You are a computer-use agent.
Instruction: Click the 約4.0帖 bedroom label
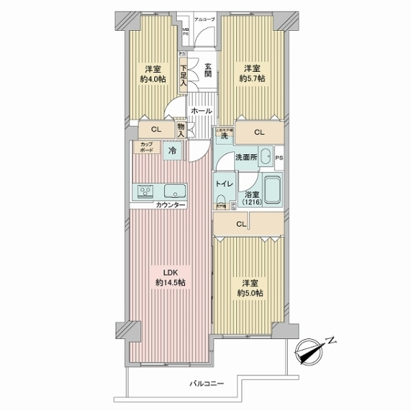(154, 73)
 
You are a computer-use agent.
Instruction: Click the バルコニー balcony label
(207, 383)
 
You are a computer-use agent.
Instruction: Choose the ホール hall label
(201, 111)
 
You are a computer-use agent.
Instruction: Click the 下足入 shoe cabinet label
(184, 74)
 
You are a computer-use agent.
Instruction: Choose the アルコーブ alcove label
(205, 21)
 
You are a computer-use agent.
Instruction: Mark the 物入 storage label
(182, 129)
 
